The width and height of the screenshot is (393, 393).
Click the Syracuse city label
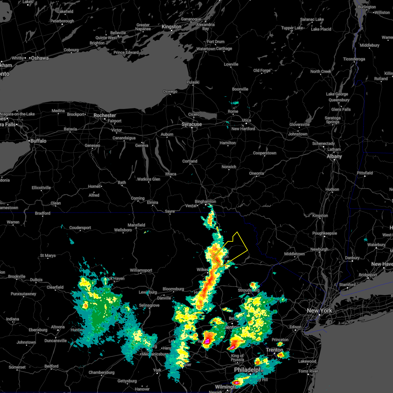[x=192, y=124]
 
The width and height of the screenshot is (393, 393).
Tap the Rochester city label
[x=104, y=116]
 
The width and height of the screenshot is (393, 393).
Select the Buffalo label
[x=38, y=141]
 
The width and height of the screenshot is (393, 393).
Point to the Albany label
[x=334, y=157]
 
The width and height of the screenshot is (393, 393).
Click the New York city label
[x=319, y=310]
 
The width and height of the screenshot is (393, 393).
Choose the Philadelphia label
[x=249, y=370]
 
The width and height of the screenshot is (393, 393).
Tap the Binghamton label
[x=205, y=202]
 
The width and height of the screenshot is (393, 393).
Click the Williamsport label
[x=141, y=271]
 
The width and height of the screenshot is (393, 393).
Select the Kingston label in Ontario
[x=171, y=27]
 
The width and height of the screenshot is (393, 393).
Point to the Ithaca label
[x=171, y=174]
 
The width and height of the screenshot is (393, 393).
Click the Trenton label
[x=274, y=350]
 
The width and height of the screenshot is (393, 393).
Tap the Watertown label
[x=206, y=49]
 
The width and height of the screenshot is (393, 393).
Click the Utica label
[x=246, y=120]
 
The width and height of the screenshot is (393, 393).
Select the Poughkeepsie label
[x=325, y=234]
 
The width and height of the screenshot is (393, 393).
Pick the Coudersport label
[x=80, y=228]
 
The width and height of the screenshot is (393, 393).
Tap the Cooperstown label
[x=265, y=153]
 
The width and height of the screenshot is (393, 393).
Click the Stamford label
[x=347, y=285]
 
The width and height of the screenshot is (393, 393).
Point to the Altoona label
[x=58, y=327]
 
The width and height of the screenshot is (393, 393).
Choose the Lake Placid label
[x=321, y=29]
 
